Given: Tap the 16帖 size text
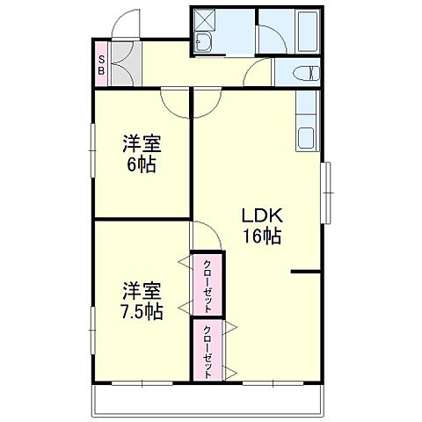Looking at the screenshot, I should coord(261,236).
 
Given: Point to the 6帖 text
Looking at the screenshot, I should coord(141,164).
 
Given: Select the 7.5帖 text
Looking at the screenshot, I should coord(142,311).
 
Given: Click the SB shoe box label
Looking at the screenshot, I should coord(102,66).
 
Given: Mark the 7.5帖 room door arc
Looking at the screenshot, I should coord(205,235).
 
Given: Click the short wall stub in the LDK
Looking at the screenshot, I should coord(304,273).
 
